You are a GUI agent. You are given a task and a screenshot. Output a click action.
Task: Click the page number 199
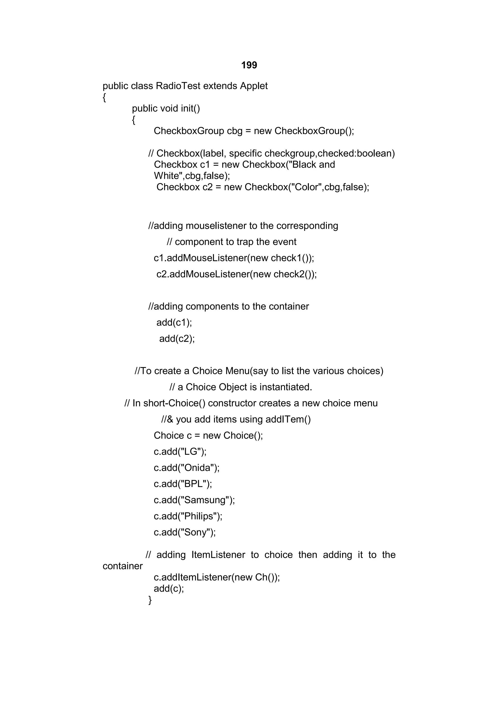pos(249,65)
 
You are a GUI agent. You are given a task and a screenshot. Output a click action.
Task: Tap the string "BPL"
pos(194,484)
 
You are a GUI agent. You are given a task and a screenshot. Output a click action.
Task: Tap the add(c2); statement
pos(177,339)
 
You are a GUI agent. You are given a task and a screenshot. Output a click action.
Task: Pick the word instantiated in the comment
pos(285,387)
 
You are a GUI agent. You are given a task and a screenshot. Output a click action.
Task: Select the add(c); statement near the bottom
pos(169,589)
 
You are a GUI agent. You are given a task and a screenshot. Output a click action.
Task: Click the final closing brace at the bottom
pos(150,600)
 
